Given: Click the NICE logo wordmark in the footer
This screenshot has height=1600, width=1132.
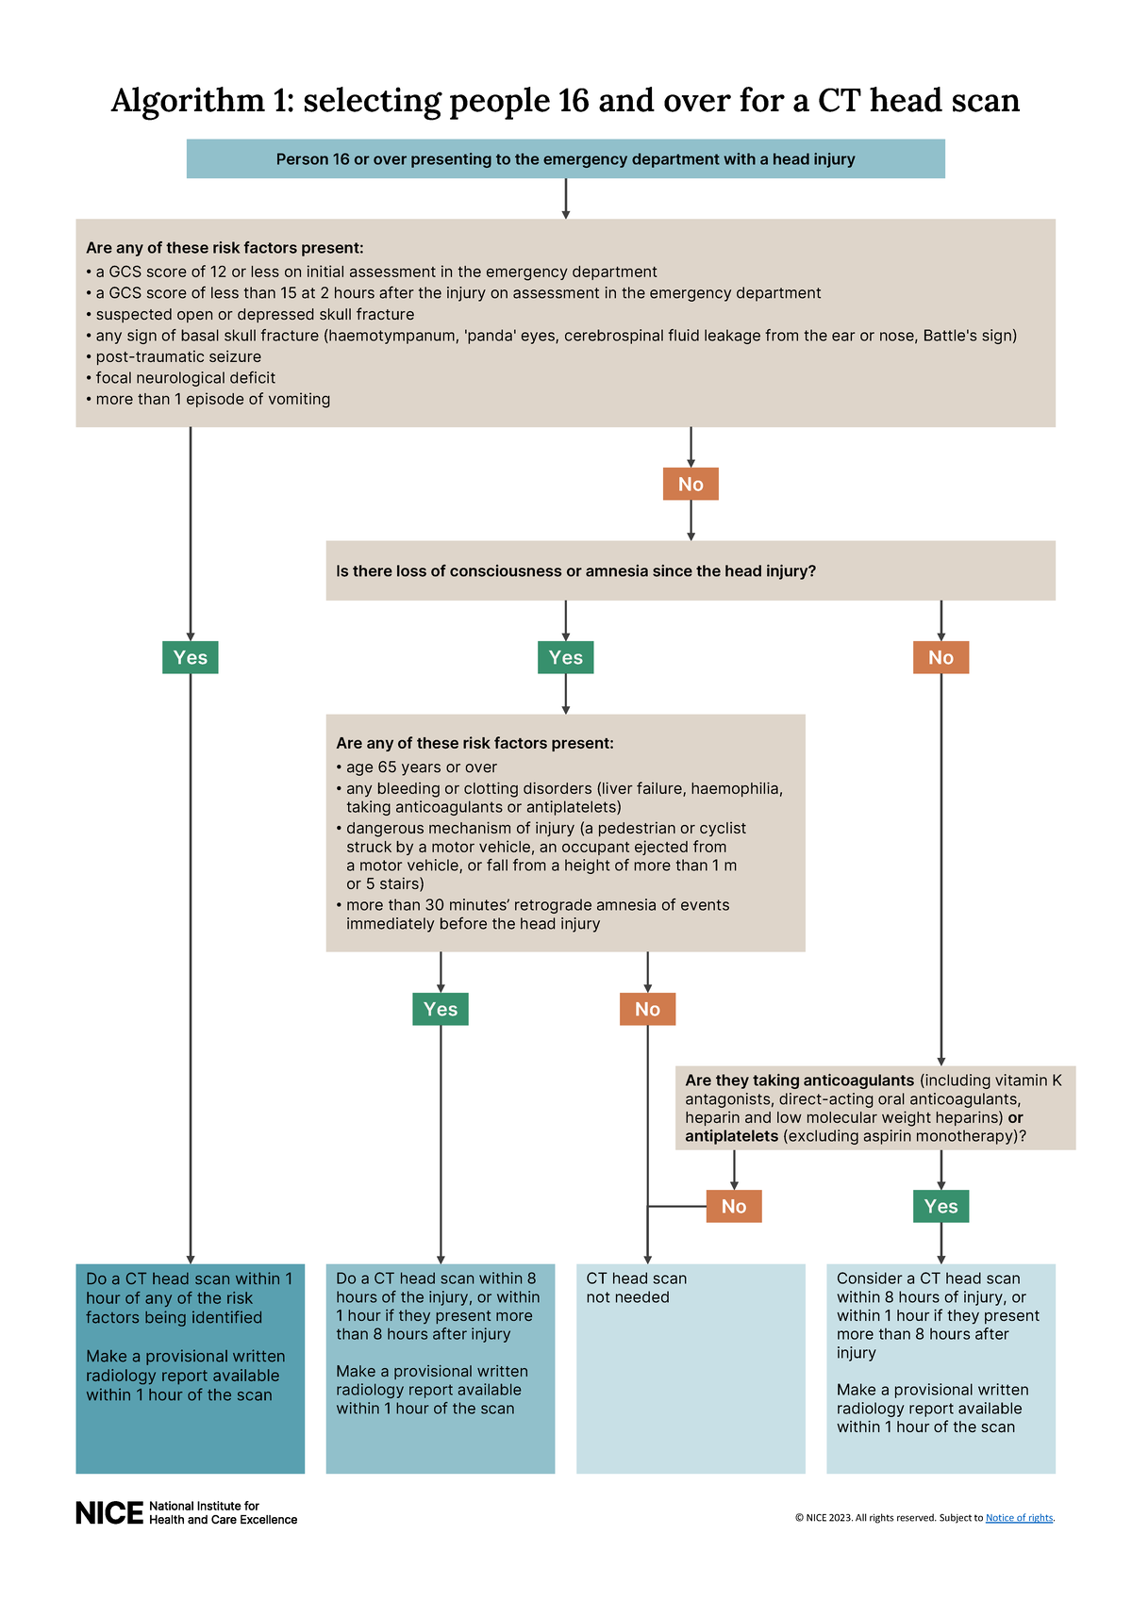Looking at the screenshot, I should click(109, 1512).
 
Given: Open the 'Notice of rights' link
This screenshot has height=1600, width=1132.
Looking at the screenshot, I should click(1019, 1518).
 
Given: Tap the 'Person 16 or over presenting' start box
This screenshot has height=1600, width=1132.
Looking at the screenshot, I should click(565, 159).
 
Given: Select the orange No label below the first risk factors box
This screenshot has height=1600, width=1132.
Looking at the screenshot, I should click(691, 484).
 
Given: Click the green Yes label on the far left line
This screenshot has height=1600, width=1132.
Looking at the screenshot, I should click(191, 657).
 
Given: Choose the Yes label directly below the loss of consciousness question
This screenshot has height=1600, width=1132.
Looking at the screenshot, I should click(565, 657).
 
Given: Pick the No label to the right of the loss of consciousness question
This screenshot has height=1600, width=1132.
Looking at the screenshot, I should click(941, 657).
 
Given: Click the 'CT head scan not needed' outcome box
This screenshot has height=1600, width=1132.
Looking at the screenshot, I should click(691, 1367).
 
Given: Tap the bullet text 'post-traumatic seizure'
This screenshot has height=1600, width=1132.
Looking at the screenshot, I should click(178, 356).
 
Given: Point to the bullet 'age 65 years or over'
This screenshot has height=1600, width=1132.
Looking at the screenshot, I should click(421, 767).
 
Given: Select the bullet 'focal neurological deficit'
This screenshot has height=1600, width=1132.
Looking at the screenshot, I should click(185, 378).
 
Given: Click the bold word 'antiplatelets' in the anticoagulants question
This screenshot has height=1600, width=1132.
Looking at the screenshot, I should click(731, 1136).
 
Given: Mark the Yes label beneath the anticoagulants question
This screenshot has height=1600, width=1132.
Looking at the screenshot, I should click(941, 1206).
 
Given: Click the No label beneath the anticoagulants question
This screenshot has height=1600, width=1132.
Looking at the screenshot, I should click(734, 1206).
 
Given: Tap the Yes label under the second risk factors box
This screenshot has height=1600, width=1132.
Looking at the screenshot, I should click(441, 1009).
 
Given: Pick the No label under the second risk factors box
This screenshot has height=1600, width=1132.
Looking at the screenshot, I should click(647, 1009).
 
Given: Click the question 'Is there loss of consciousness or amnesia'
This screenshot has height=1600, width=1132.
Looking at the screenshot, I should click(575, 571).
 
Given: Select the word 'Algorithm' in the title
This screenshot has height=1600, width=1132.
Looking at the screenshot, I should click(188, 100).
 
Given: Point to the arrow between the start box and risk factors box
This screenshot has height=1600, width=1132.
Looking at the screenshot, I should click(566, 199).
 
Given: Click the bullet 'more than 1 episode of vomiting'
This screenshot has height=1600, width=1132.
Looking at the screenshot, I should click(212, 399).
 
